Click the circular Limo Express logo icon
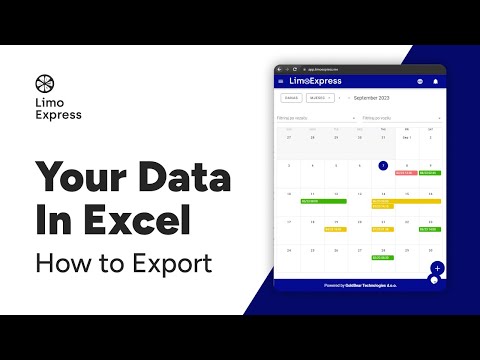coord(44,83)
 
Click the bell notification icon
coord(436,81)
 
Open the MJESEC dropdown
coord(320,98)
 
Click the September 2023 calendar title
coord(375,98)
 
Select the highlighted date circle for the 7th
coord(383,165)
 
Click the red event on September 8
coord(406,174)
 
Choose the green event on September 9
coord(430,174)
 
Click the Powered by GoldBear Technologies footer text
coord(360,285)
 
